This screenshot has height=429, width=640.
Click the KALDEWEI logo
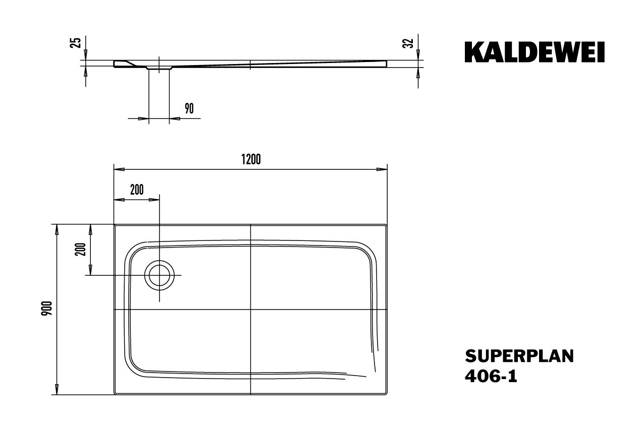535,52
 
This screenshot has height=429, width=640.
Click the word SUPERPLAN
519,356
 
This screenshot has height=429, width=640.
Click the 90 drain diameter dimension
189,108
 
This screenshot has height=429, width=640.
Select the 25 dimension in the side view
77,42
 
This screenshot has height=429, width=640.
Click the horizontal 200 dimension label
136,190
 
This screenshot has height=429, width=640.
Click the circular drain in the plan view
159,276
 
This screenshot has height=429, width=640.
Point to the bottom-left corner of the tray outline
115,394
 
